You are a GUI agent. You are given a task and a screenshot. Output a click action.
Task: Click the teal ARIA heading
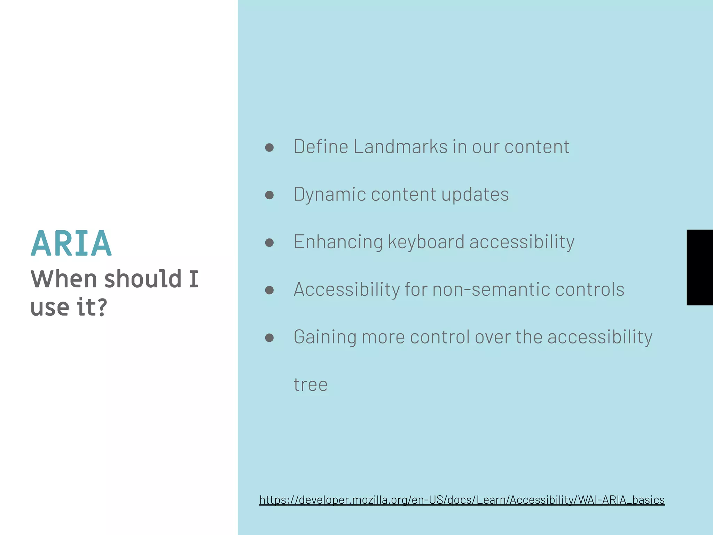pos(71,243)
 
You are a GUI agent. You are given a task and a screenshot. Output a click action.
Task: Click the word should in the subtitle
pos(143,279)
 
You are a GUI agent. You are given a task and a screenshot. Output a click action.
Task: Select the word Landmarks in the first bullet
pos(400,147)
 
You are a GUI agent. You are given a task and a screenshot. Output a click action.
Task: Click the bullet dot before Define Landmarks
pos(269,147)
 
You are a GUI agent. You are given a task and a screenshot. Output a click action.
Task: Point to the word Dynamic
pos(330,194)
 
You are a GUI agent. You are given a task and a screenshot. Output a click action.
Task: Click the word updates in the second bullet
pos(475,194)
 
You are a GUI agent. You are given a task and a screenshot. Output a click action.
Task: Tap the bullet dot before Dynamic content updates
pos(269,195)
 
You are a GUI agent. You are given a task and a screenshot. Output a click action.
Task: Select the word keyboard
pos(426,242)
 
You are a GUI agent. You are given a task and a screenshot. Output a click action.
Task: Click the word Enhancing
pos(338,242)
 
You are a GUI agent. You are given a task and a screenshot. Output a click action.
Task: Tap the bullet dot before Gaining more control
pos(269,338)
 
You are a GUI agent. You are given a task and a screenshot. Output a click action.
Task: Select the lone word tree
pos(310,385)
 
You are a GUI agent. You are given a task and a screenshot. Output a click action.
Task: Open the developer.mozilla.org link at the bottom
pos(462,500)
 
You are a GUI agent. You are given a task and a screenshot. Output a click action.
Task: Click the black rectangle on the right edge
pos(699,267)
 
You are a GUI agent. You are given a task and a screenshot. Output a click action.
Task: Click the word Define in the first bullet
pos(321,147)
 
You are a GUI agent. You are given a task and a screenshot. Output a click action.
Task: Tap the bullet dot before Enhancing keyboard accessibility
pos(269,242)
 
